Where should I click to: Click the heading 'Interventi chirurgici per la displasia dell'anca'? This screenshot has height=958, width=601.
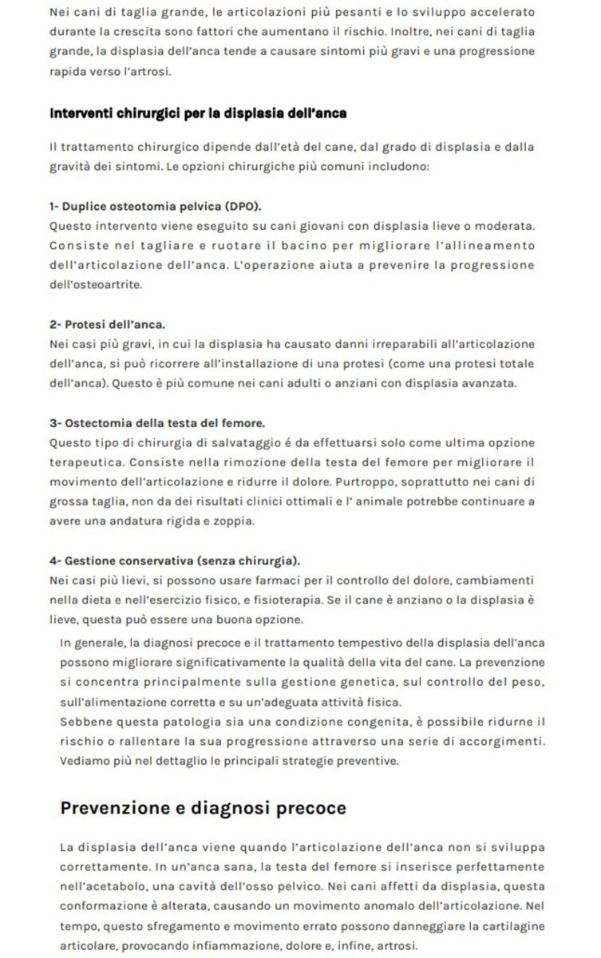coord(197,113)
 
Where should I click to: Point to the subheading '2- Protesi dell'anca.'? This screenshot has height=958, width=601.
coord(107,325)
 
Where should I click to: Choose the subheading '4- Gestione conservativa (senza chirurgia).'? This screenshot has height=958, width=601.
coord(180,560)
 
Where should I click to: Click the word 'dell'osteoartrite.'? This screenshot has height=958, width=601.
coord(99,283)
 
